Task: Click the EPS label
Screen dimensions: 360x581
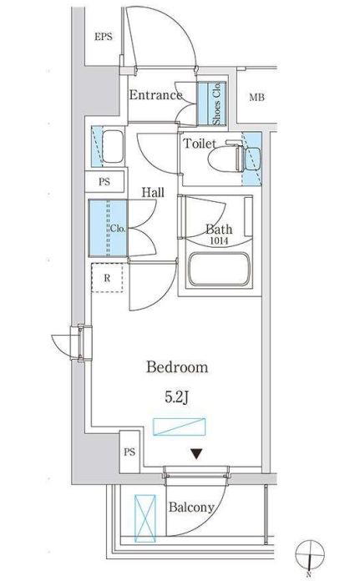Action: [103, 37]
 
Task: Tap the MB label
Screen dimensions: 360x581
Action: [256, 98]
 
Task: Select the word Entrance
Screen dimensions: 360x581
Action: [155, 95]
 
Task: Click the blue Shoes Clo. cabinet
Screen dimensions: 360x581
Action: [211, 104]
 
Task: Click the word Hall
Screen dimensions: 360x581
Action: [153, 192]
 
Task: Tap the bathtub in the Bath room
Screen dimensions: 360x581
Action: [218, 270]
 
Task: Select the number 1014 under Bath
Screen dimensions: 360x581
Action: [219, 241]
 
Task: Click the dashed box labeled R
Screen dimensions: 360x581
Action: [107, 277]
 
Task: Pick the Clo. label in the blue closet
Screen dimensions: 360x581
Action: [118, 229]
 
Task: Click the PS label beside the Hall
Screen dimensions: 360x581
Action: [104, 182]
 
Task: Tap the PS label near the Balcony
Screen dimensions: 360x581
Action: [129, 452]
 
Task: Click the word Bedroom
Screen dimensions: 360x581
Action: [177, 366]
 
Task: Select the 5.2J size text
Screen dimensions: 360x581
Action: [177, 397]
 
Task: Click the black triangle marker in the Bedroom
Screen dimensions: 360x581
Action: [196, 453]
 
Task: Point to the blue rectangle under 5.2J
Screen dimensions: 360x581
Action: [179, 427]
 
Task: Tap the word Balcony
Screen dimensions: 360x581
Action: [191, 508]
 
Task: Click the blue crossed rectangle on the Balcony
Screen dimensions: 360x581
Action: [145, 518]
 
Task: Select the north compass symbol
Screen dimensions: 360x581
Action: [310, 555]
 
